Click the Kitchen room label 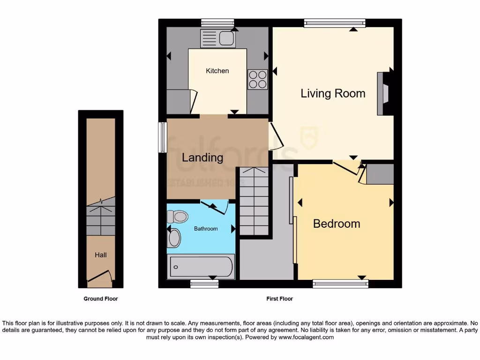tap(217, 71)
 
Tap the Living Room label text tap(333, 93)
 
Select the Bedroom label tap(337, 224)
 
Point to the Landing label tap(202, 157)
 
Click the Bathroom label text tap(206, 229)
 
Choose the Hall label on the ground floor tap(101, 255)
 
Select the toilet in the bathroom tap(177, 216)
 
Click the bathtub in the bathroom tap(201, 267)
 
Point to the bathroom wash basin tap(174, 238)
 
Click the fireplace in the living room tap(383, 93)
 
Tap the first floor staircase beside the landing tap(254, 202)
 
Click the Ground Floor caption tap(101, 299)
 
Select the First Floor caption tap(279, 299)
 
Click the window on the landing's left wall tap(163, 137)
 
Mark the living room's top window tap(334, 22)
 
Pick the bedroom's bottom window tap(340, 283)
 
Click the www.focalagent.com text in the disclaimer tap(306, 337)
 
